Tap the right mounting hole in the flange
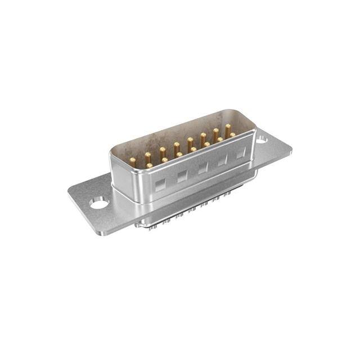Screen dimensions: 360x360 (262, 141)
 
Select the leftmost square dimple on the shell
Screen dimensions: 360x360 (160, 185)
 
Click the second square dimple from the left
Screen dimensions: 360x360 (182, 177)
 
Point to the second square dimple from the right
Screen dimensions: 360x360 (222, 160)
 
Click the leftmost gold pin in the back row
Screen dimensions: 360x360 (133, 160)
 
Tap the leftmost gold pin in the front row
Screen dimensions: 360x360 (149, 165)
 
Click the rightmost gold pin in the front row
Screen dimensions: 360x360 (232, 135)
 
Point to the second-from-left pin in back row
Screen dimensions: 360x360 (147, 155)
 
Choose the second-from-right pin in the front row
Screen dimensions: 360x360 (220, 139)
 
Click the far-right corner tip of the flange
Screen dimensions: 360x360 (292, 150)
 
